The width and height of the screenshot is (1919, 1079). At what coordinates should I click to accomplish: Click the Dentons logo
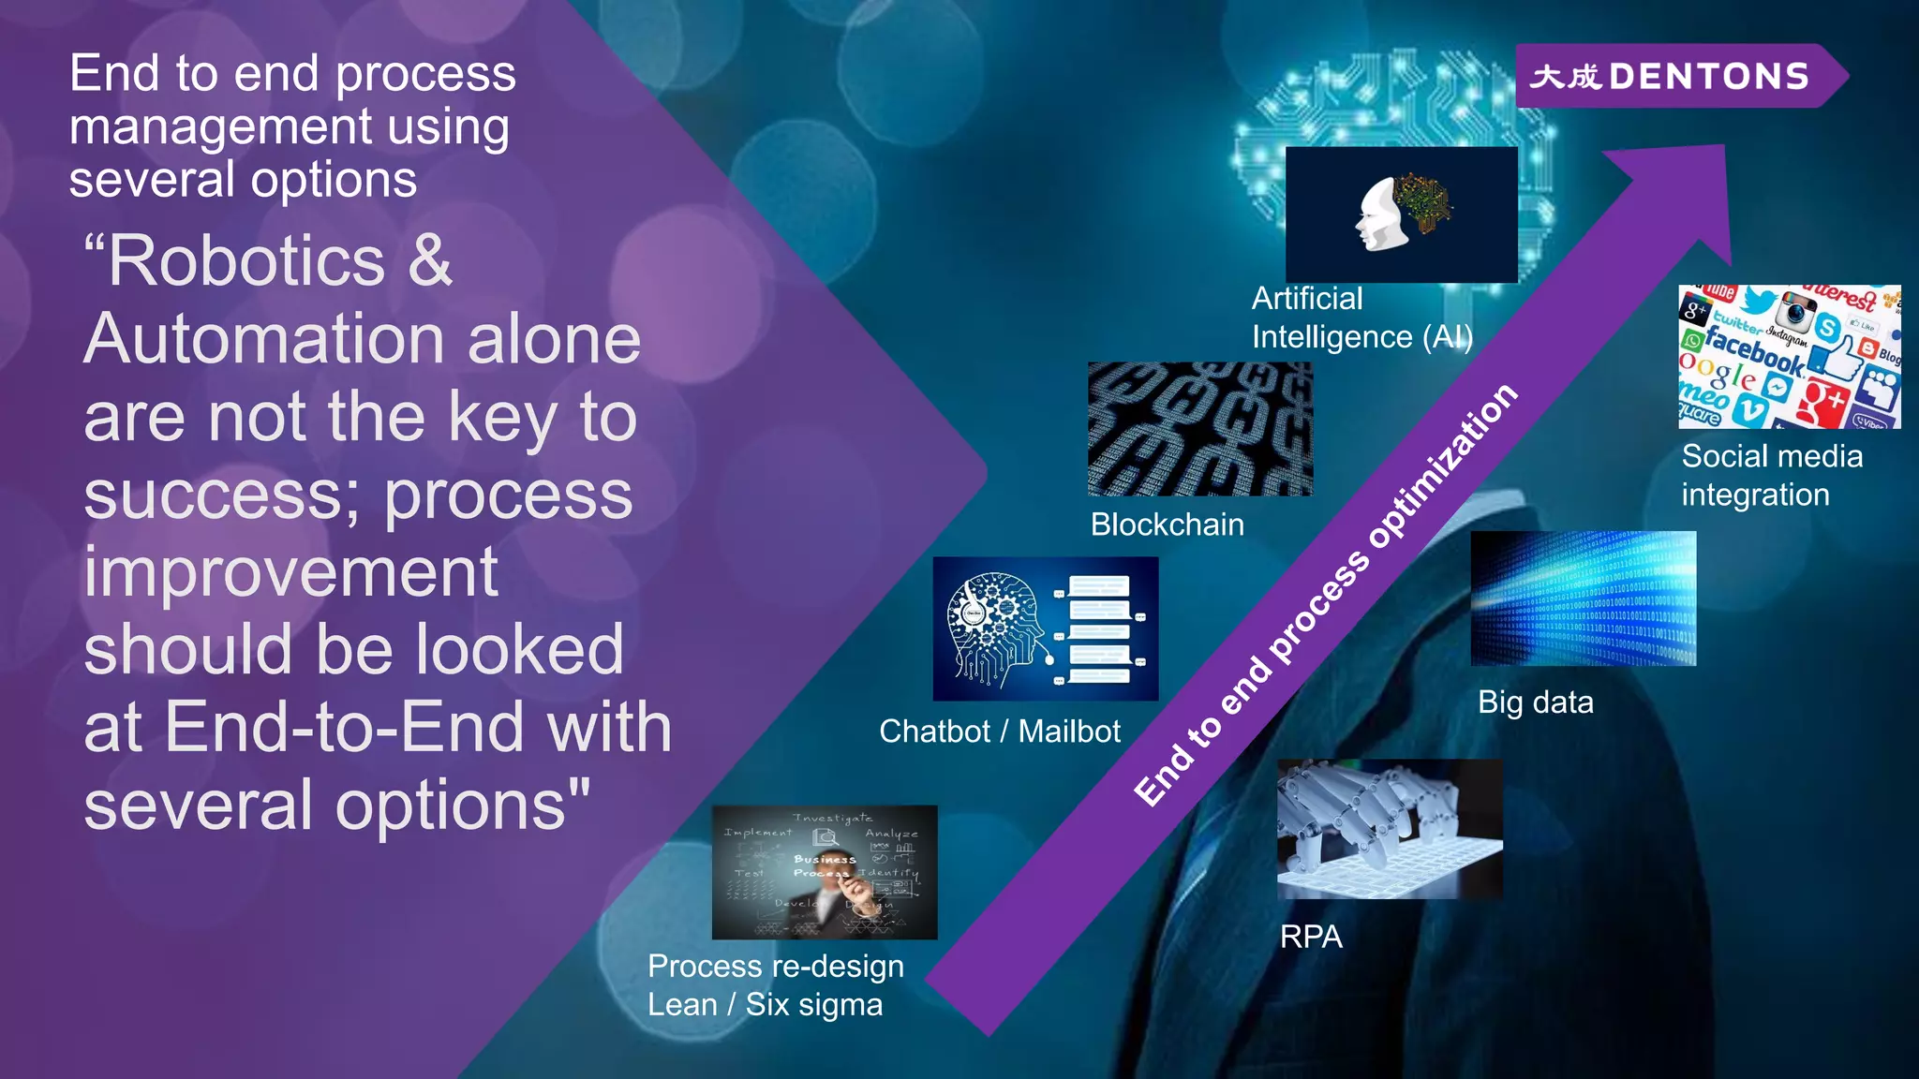[1673, 76]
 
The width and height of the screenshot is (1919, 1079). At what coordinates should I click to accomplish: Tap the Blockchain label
[1167, 525]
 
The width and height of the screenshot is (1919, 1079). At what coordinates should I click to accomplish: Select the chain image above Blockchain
[1199, 429]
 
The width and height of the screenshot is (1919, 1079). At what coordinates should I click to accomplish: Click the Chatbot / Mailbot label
[999, 732]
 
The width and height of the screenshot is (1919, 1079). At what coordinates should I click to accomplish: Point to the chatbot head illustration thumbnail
[1045, 628]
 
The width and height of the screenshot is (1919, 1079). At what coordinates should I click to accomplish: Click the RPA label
[1311, 937]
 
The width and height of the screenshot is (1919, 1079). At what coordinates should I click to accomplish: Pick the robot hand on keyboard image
[1390, 829]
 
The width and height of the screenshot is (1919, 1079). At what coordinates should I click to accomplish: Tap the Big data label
[1535, 702]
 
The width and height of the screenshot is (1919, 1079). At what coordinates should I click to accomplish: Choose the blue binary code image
[1583, 599]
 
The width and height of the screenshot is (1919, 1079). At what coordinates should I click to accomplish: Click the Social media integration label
[1771, 476]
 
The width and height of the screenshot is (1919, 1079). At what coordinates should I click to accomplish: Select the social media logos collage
[1789, 357]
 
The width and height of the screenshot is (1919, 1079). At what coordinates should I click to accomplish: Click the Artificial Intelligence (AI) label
[1361, 318]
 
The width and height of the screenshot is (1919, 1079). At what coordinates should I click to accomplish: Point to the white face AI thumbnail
[1401, 214]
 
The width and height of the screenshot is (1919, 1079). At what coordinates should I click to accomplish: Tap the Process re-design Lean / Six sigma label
[775, 985]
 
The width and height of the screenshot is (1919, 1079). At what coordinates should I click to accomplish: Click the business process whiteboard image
[824, 872]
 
